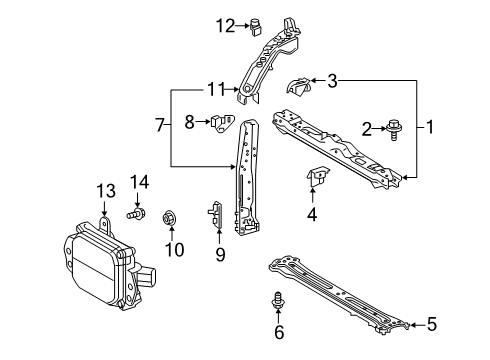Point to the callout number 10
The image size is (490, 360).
point(175,249)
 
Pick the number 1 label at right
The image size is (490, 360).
point(431,127)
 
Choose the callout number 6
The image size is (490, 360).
point(280,332)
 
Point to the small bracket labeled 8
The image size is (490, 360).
point(221,123)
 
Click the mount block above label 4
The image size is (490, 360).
point(319,180)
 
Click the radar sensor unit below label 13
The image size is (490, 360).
point(100,264)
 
